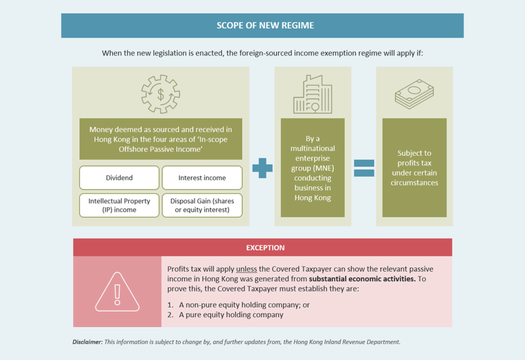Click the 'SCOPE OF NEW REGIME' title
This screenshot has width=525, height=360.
[265, 25]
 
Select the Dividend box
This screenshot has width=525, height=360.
[119, 178]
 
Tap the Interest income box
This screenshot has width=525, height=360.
[202, 178]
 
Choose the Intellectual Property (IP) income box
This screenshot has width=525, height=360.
[119, 205]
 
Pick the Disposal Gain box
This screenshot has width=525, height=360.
[202, 205]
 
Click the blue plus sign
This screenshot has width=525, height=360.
[262, 168]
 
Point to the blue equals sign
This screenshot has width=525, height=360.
[364, 168]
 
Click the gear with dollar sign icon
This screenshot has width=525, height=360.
[160, 94]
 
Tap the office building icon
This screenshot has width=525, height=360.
[312, 95]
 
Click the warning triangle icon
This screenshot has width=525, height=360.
[117, 292]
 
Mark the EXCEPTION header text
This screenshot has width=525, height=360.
[265, 247]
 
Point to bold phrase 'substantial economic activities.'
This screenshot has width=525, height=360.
[362, 279]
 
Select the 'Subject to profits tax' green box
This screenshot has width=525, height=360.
[414, 168]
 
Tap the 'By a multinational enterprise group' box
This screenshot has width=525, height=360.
[312, 168]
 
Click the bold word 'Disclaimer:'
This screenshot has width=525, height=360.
[87, 342]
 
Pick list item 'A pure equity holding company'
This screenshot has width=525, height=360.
[231, 315]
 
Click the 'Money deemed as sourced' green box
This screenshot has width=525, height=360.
[160, 139]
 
